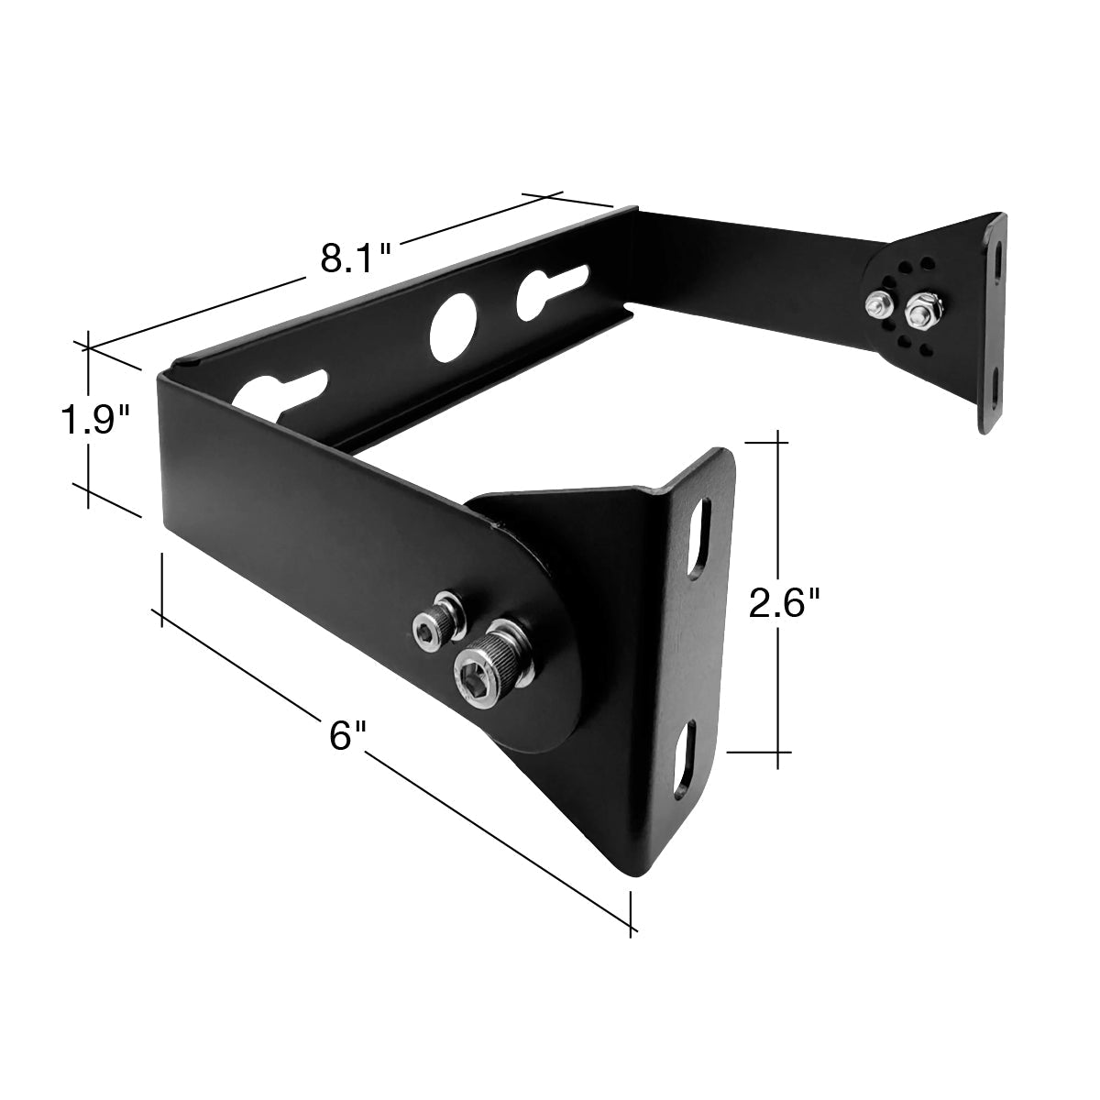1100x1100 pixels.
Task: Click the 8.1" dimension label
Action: tap(355, 258)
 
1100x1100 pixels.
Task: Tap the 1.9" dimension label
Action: tap(95, 420)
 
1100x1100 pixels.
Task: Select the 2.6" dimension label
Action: tap(784, 603)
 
